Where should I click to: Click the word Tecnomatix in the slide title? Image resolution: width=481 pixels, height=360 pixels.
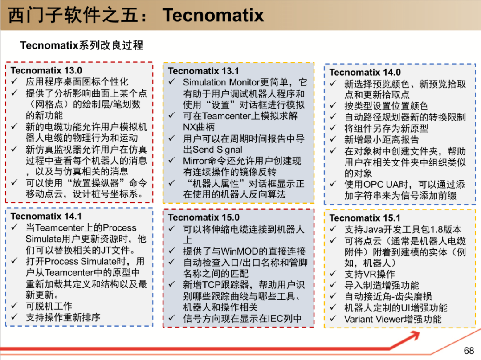pyautogui.click(x=213, y=15)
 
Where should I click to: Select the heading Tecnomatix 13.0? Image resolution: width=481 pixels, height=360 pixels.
pyautogui.click(x=46, y=70)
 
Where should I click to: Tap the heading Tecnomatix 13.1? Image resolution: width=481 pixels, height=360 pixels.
pyautogui.click(x=204, y=71)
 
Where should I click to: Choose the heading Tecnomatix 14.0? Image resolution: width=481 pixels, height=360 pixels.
pyautogui.click(x=365, y=72)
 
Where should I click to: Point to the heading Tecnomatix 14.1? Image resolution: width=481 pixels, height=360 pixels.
pyautogui.click(x=46, y=216)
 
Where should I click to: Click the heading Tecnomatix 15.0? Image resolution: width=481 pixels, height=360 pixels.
pyautogui.click(x=204, y=218)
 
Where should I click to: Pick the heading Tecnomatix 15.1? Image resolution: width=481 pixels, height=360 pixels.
pyautogui.click(x=365, y=218)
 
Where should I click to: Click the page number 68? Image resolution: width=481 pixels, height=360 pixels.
pyautogui.click(x=469, y=351)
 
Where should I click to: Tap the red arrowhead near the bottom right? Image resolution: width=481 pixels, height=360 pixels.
pyautogui.click(x=412, y=336)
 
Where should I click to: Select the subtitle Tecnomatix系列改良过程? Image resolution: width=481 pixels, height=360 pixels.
pyautogui.click(x=82, y=45)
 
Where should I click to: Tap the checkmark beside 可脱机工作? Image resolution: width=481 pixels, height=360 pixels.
pyautogui.click(x=14, y=305)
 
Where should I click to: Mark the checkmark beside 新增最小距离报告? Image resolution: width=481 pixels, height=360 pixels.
pyautogui.click(x=334, y=139)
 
